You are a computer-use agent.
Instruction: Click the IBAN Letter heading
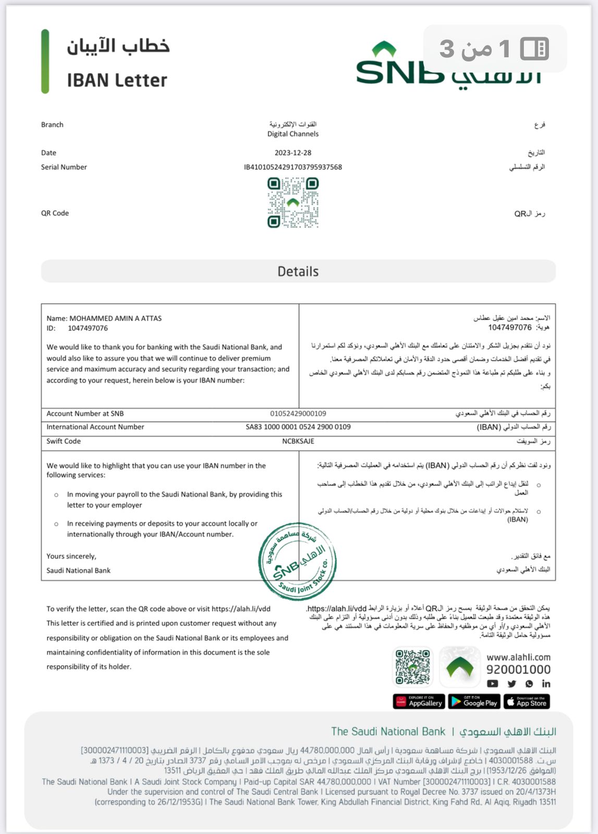[117, 80]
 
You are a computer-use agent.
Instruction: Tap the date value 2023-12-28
[293, 153]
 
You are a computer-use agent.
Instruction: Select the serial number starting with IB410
[293, 167]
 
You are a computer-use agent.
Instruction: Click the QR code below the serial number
[293, 203]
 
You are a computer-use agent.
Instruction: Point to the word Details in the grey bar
[298, 272]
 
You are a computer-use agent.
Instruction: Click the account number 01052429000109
[298, 413]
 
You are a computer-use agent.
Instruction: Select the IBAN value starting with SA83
[298, 427]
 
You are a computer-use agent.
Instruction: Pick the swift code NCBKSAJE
[298, 441]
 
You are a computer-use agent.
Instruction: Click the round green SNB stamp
[297, 561]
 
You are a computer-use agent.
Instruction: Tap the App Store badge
[527, 702]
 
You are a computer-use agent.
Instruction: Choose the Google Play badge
[474, 702]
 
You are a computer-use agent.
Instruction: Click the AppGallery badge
[419, 702]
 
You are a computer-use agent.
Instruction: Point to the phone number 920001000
[518, 670]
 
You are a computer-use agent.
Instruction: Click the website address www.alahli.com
[518, 657]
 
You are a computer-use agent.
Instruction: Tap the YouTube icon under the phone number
[493, 684]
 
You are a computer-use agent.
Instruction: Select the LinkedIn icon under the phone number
[546, 684]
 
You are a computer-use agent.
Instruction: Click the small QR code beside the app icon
[412, 667]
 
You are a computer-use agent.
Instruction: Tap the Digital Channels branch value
[293, 134]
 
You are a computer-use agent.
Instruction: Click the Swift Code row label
[64, 441]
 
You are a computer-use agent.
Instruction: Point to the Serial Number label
[64, 167]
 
